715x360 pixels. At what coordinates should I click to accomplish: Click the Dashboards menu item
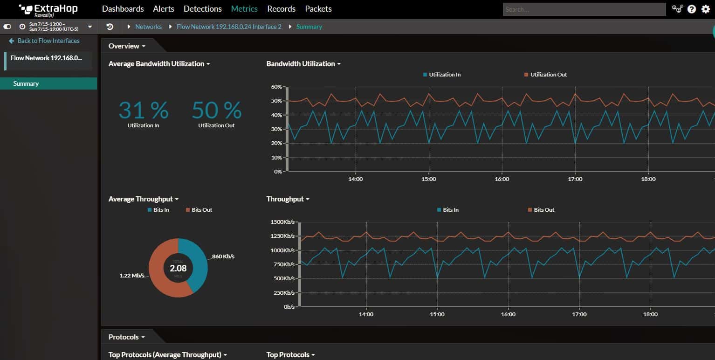[123, 9]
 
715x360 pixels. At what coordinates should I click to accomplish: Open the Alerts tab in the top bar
[163, 9]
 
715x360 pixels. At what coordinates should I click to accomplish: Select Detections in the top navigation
[202, 9]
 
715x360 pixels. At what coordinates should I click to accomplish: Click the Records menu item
[281, 9]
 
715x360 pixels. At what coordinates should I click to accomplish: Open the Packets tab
[318, 9]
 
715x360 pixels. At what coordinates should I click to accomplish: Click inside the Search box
[584, 9]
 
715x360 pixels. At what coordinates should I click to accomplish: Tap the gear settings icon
[705, 9]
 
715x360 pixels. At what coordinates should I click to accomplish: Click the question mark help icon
[692, 9]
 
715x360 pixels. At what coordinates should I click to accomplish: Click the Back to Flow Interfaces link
[48, 41]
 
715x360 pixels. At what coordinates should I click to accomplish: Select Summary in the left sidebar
[26, 84]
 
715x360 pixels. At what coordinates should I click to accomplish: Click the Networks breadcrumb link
[148, 27]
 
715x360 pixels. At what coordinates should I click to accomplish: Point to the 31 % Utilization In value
[143, 111]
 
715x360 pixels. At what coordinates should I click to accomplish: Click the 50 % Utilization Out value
[216, 111]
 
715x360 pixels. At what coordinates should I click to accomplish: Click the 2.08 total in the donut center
[178, 268]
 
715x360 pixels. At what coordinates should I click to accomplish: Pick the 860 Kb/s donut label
[223, 256]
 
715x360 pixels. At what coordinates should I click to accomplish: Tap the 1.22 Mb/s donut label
[132, 276]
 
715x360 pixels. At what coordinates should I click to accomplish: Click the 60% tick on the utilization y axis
[276, 87]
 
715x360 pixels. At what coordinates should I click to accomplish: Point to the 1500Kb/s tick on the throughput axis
[282, 222]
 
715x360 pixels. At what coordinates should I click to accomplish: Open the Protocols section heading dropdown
[127, 337]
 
